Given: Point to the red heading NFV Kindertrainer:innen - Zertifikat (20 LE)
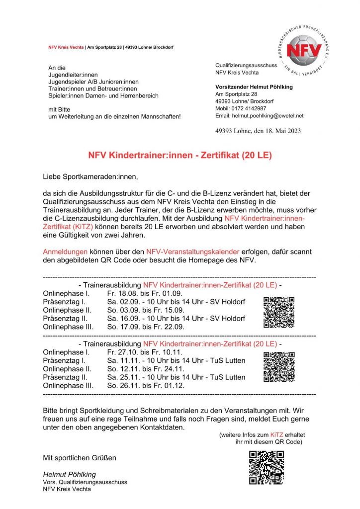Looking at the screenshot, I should (x=180, y=156).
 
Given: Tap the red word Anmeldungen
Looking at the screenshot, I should (x=65, y=251).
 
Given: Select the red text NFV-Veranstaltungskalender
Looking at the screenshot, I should (x=190, y=251).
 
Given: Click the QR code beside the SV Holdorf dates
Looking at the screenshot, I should (x=279, y=312).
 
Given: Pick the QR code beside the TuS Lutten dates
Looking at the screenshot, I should (x=279, y=366).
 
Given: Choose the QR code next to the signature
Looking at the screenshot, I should (x=267, y=467).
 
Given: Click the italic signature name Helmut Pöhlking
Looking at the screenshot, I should (x=70, y=474).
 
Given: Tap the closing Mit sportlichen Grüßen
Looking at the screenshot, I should (x=80, y=457).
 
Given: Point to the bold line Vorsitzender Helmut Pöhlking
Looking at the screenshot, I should (x=254, y=87).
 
